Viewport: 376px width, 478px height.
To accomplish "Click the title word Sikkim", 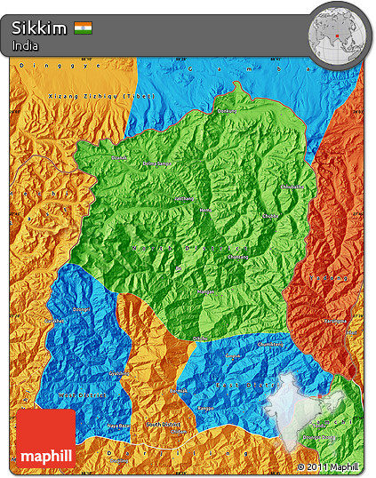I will coord(39,28).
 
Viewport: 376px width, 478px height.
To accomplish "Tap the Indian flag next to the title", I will coord(84,28).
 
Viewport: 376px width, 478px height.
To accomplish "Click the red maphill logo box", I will coord(46,438).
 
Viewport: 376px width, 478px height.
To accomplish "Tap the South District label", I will coord(164,425).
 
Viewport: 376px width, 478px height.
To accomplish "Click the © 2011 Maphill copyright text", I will coord(328,466).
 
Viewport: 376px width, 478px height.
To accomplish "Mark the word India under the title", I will coord(25,44).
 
